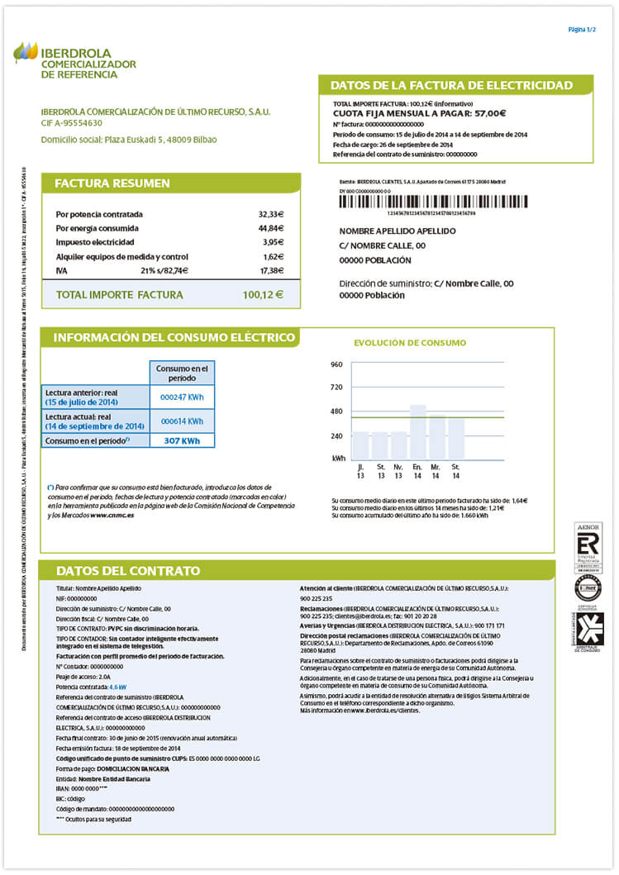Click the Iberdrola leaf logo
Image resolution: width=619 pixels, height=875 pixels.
[25, 52]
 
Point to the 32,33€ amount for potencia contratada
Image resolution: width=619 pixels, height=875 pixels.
[270, 214]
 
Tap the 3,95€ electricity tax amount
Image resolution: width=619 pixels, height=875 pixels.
[273, 242]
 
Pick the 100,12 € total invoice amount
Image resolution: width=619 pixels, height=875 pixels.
[263, 294]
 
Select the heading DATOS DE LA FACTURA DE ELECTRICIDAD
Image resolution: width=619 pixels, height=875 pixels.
[451, 85]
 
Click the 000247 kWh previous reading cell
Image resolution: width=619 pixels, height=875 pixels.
[182, 397]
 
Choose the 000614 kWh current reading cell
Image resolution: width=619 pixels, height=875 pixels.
[182, 421]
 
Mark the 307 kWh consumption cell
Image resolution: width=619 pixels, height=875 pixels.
[182, 440]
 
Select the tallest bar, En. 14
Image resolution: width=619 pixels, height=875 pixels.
[418, 431]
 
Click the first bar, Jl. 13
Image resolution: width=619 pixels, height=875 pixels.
[361, 445]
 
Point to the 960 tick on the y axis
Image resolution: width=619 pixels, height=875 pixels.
[336, 364]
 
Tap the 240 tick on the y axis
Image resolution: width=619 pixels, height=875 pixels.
[336, 435]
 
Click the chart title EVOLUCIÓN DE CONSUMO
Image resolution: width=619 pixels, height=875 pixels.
[410, 343]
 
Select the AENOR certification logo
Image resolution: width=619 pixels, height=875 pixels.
[588, 546]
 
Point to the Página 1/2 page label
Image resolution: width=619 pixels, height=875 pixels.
[582, 30]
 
